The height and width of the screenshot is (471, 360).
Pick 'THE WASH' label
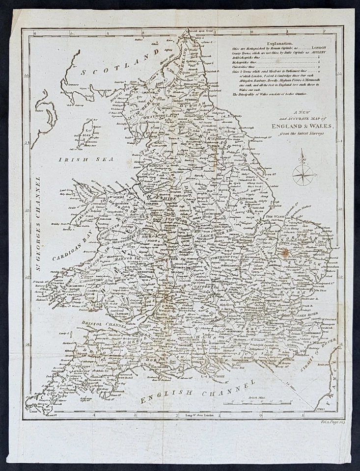pos(276,216)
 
